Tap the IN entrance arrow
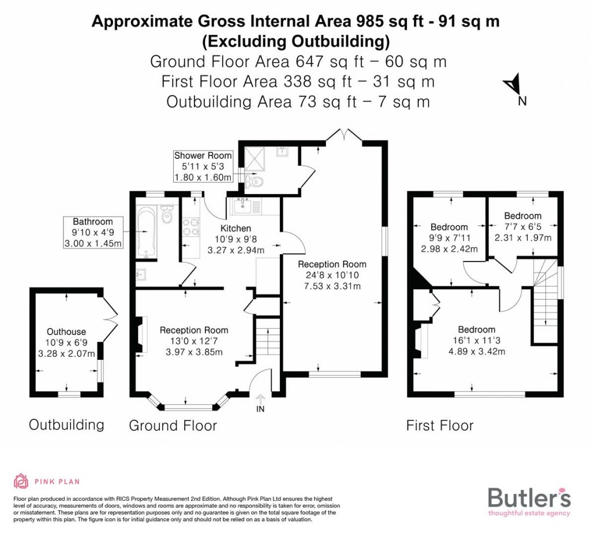[x=260, y=399]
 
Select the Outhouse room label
[x=66, y=332]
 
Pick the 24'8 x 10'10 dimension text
[x=332, y=276]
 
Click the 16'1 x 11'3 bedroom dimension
[x=477, y=341]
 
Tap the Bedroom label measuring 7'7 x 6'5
[x=522, y=216]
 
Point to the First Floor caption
[x=440, y=426]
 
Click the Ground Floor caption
[x=173, y=426]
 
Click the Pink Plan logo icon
[x=21, y=481]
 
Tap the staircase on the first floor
[x=545, y=300]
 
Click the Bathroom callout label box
[x=93, y=232]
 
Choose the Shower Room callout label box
[x=204, y=166]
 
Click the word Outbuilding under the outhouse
[x=66, y=425]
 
